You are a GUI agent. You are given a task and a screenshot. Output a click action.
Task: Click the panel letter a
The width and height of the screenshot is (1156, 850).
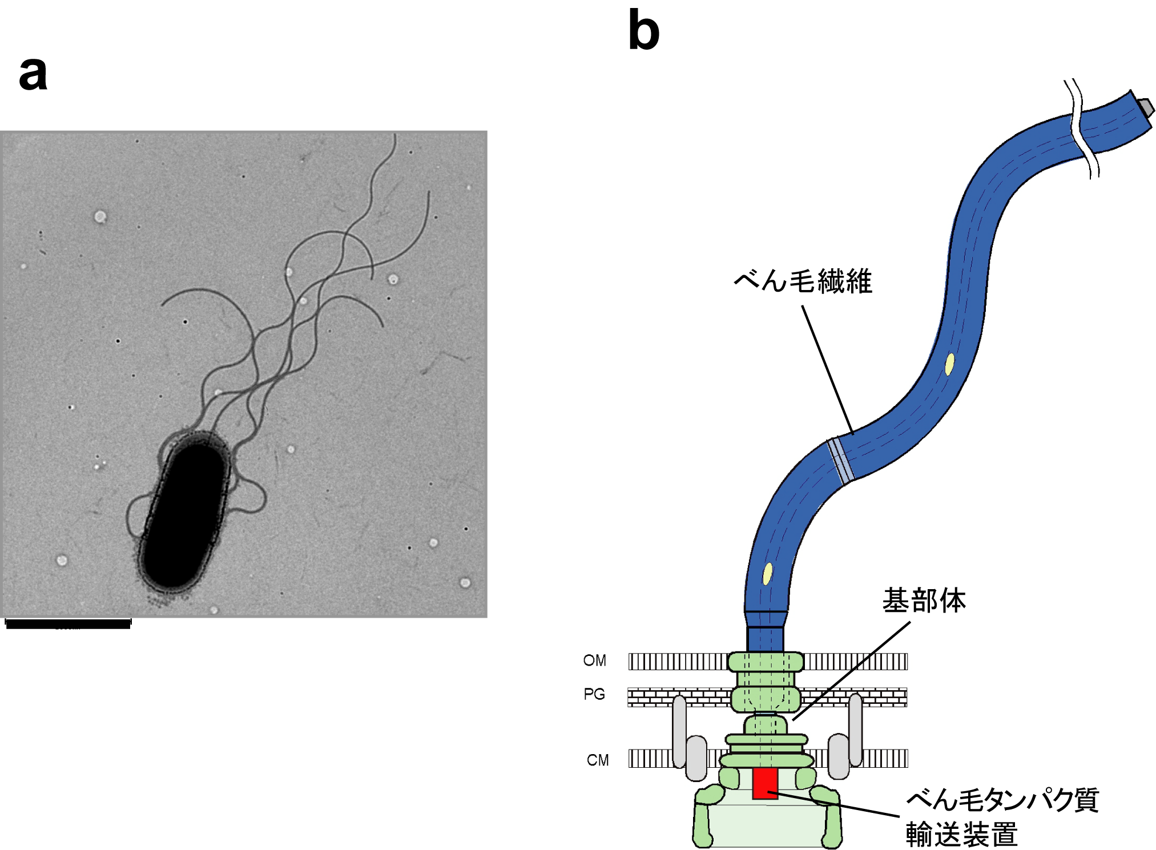click(33, 75)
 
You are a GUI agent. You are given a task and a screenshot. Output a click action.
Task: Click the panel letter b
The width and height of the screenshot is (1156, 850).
click(643, 31)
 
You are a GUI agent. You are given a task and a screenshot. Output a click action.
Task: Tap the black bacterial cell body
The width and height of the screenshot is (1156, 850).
click(184, 514)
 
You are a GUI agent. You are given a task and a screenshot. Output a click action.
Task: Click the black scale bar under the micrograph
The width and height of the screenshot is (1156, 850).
click(68, 624)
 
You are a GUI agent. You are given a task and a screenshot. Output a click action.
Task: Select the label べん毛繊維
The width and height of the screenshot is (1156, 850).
click(803, 281)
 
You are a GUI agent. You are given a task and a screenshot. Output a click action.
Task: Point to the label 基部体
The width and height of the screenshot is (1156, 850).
click(924, 601)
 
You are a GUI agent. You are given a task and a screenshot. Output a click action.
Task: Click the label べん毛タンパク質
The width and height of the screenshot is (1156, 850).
click(1002, 800)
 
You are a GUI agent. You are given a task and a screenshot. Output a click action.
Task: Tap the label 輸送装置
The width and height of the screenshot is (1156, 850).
click(961, 834)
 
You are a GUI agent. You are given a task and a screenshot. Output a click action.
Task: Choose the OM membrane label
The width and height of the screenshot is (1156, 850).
click(594, 661)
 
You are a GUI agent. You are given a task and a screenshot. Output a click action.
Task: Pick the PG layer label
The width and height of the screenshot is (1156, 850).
click(594, 694)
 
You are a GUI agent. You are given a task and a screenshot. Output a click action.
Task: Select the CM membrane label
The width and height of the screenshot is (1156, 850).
click(597, 760)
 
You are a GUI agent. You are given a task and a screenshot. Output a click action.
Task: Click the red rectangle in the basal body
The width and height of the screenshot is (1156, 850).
click(765, 784)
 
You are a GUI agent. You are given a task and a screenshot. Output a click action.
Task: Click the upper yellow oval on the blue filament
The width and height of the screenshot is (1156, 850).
click(949, 364)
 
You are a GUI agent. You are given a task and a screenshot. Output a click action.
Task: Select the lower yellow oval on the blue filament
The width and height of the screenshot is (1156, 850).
click(768, 573)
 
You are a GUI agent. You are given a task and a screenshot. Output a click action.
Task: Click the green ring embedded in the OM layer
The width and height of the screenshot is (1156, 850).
click(766, 662)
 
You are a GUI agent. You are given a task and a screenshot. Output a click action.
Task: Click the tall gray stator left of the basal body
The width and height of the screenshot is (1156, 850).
click(679, 731)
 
